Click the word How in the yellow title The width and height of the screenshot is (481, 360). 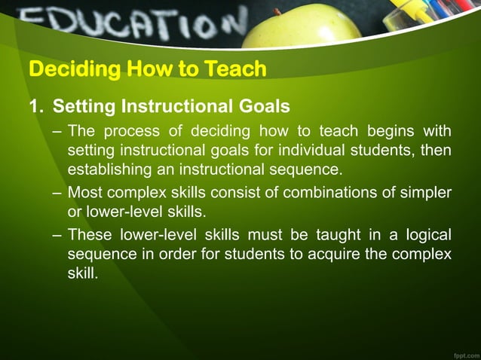click(x=152, y=70)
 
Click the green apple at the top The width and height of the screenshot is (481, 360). click(x=302, y=26)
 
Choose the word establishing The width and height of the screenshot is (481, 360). click(x=108, y=168)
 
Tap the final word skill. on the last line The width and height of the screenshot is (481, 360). click(x=82, y=271)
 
